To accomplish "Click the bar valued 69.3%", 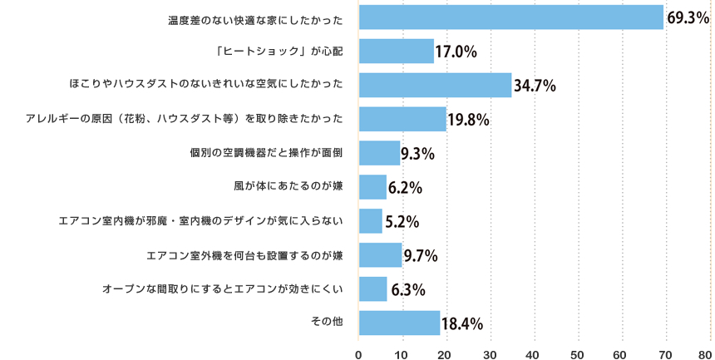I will pyautogui.click(x=510, y=17).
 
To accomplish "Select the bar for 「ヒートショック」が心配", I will pyautogui.click(x=396, y=52).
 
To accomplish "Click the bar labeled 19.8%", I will pyautogui.click(x=402, y=120).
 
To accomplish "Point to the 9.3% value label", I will pyautogui.click(x=418, y=154).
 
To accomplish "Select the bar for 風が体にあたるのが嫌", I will pyautogui.click(x=372, y=188).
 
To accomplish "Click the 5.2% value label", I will pyautogui.click(x=402, y=222).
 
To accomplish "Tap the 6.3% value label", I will pyautogui.click(x=408, y=289).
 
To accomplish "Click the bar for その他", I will pyautogui.click(x=398, y=323).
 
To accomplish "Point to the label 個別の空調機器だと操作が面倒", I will pyautogui.click(x=266, y=153).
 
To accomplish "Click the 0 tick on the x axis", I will pyautogui.click(x=358, y=353).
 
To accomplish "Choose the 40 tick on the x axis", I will pyautogui.click(x=534, y=353).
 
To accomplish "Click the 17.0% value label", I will pyautogui.click(x=456, y=52).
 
